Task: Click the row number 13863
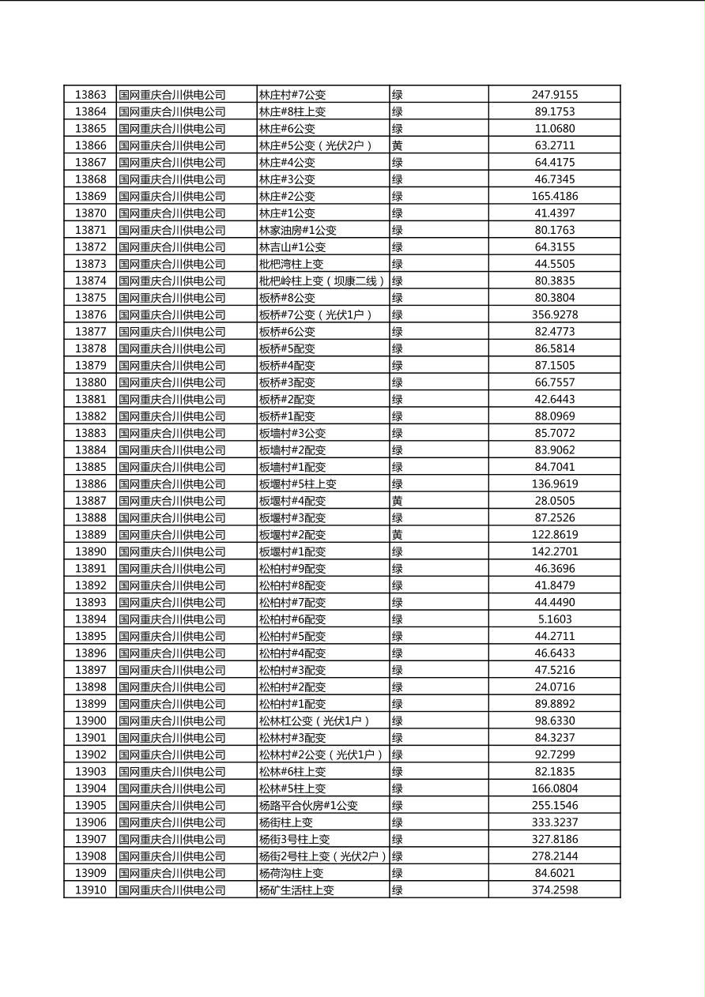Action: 90,95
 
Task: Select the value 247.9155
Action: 554,95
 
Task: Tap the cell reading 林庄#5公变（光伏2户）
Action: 315,145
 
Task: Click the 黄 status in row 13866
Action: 398,145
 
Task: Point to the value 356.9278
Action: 554,314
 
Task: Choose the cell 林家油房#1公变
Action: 298,230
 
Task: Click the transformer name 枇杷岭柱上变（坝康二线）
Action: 322,280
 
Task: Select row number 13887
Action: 90,501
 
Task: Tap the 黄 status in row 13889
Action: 398,535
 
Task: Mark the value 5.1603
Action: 554,619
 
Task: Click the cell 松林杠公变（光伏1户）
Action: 315,720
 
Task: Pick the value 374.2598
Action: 554,890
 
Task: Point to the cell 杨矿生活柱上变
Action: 296,890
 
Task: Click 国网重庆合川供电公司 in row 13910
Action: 172,890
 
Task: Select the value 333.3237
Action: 554,822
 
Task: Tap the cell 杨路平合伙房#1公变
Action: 308,805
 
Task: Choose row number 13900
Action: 90,720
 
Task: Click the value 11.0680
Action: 554,128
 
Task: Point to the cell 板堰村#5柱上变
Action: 298,483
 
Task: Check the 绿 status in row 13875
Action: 398,298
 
